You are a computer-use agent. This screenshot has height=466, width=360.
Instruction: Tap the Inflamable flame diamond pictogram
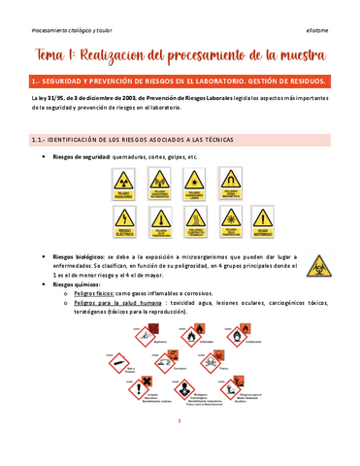point(190,336)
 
